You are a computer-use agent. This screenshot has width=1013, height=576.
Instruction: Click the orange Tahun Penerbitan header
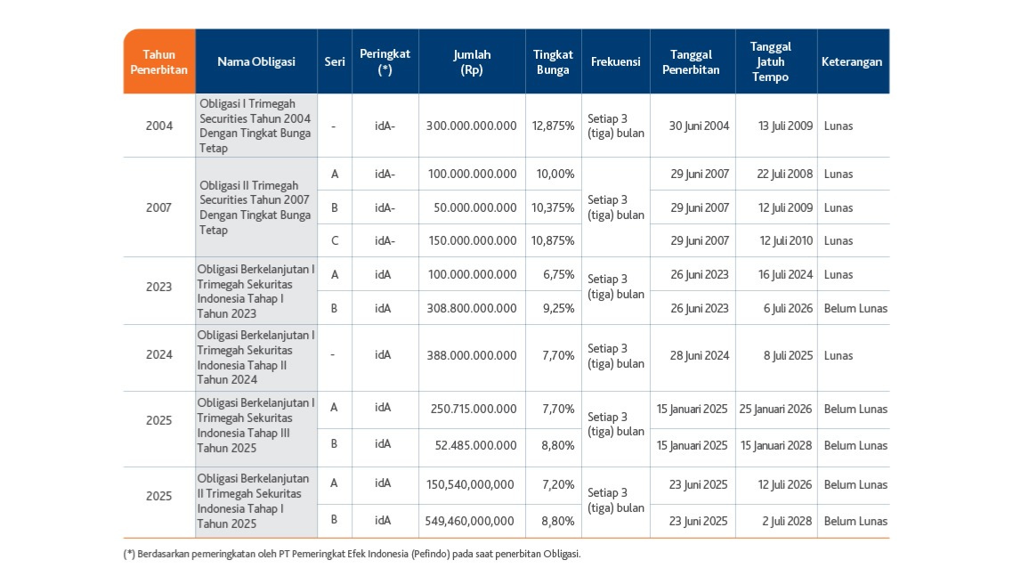pyautogui.click(x=159, y=61)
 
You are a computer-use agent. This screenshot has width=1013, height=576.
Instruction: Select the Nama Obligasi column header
pyautogui.click(x=255, y=61)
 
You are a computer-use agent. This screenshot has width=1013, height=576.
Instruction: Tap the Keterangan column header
pyautogui.click(x=852, y=61)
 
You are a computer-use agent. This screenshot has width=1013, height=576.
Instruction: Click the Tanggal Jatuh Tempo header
pyautogui.click(x=770, y=61)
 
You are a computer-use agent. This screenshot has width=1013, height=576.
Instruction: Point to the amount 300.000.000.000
pyautogui.click(x=472, y=126)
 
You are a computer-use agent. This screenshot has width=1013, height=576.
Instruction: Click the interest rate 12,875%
pyautogui.click(x=553, y=126)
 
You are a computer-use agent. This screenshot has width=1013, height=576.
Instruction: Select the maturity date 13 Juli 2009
pyautogui.click(x=785, y=126)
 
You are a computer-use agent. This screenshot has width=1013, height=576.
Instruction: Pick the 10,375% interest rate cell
pyautogui.click(x=553, y=207)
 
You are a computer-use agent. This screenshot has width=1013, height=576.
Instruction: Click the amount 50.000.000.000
pyautogui.click(x=475, y=207)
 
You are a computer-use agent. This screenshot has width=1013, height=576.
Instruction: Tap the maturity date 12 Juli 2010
pyautogui.click(x=786, y=240)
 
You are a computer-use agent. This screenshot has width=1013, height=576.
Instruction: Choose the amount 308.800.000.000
pyautogui.click(x=472, y=308)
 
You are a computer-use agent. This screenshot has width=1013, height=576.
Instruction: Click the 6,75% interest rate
pyautogui.click(x=559, y=275)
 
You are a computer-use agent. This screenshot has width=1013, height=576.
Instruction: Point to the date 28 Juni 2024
pyautogui.click(x=699, y=355)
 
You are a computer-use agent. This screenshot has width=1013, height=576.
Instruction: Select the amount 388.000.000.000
pyautogui.click(x=472, y=355)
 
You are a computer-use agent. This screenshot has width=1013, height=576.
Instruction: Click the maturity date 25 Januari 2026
pyautogui.click(x=776, y=410)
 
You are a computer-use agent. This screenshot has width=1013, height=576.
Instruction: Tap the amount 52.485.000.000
pyautogui.click(x=476, y=445)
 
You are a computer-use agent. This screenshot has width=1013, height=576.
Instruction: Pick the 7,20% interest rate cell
pyautogui.click(x=558, y=485)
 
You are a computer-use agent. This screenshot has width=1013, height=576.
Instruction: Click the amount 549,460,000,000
pyautogui.click(x=470, y=521)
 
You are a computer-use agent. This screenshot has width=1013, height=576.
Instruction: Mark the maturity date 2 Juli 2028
pyautogui.click(x=787, y=521)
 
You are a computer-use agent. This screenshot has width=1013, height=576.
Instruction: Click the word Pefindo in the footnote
pyautogui.click(x=432, y=554)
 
